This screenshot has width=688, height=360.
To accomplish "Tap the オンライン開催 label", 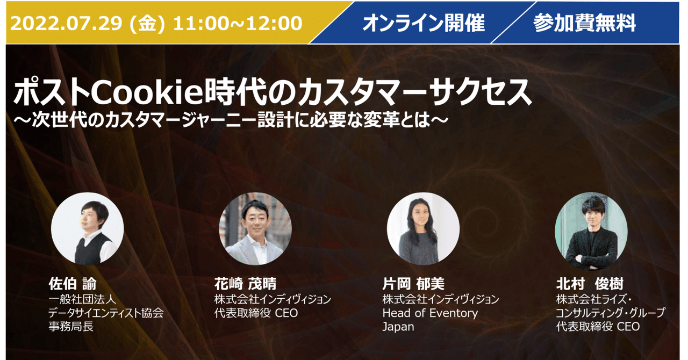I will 423,23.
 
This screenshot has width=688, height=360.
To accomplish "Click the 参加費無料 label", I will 584,23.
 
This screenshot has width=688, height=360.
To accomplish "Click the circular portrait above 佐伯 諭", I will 88,228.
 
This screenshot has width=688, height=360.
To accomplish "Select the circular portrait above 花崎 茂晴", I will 255,228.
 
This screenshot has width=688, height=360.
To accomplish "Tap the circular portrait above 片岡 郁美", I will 424,228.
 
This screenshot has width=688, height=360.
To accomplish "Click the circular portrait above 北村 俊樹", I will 591,228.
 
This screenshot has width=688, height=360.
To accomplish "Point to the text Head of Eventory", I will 430,312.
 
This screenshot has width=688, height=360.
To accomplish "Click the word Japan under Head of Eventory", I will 398,326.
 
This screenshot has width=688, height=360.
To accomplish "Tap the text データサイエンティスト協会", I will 106,312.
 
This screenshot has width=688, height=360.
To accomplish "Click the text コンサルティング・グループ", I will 611,312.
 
